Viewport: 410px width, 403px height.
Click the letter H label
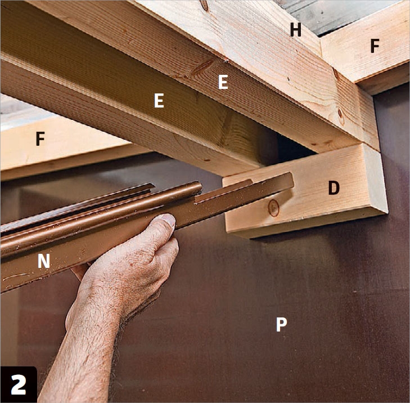pyautogui.click(x=296, y=30)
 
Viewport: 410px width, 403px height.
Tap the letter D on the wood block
pyautogui.click(x=334, y=188)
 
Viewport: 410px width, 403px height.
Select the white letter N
pyautogui.click(x=44, y=261)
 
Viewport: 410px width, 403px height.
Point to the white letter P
pyautogui.click(x=281, y=325)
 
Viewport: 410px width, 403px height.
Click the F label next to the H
pyautogui.click(x=375, y=46)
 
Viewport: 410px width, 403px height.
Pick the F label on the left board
pyautogui.click(x=40, y=138)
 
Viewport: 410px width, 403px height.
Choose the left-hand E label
pyautogui.click(x=159, y=101)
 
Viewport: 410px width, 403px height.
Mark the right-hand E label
pyautogui.click(x=223, y=82)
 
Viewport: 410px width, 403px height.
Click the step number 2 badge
pyautogui.click(x=19, y=384)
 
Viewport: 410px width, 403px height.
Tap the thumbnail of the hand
pyautogui.click(x=168, y=220)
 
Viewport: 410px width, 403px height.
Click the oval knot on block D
pyautogui.click(x=273, y=208)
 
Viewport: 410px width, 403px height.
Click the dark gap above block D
pyautogui.click(x=293, y=145)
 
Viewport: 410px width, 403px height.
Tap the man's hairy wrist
pyautogui.click(x=86, y=327)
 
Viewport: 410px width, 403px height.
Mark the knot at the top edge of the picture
pyautogui.click(x=205, y=5)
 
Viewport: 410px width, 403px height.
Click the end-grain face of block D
pyautogui.click(x=375, y=181)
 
